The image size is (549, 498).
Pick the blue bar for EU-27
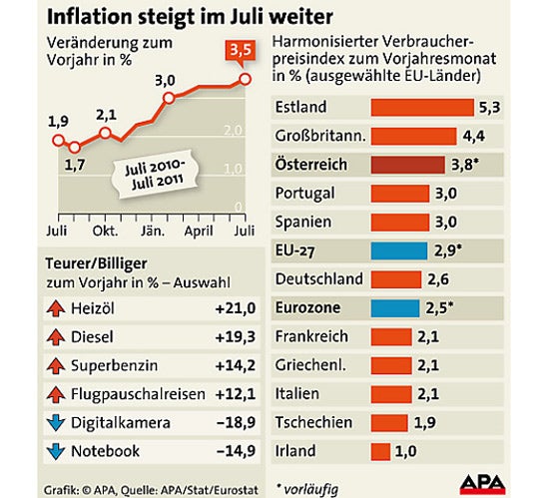coord(399,249)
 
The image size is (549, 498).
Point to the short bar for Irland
coord(380,451)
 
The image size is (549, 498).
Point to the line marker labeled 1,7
coord(74,147)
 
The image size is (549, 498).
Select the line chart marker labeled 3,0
coord(169,98)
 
